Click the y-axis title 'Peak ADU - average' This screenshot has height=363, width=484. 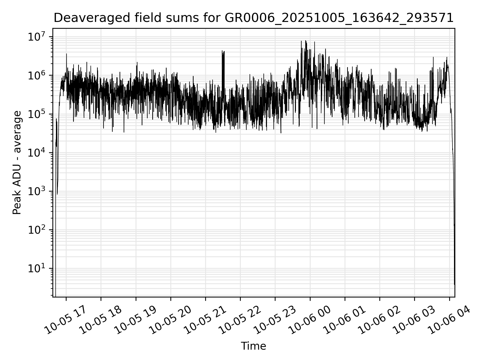point(17,163)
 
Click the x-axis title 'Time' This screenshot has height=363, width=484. point(253,346)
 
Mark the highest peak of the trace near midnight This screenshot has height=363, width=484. point(306,41)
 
